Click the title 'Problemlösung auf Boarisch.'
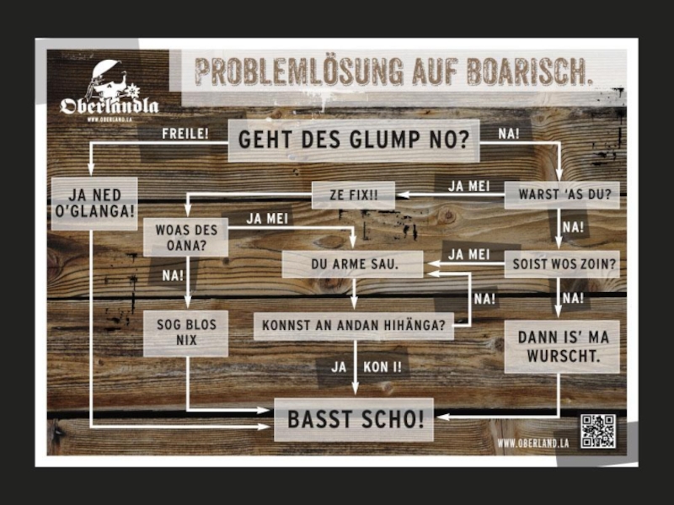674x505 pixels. (x=394, y=72)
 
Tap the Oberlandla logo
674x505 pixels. (x=110, y=93)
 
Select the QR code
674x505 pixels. (x=597, y=430)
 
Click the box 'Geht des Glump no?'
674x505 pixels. (x=353, y=140)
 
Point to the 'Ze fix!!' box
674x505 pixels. (x=353, y=195)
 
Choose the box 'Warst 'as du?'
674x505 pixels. (x=561, y=195)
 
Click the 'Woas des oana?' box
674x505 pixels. (x=185, y=238)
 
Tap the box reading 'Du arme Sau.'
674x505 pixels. (x=353, y=264)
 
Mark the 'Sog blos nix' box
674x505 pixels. (x=185, y=332)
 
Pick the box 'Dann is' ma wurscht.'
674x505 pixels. (x=562, y=346)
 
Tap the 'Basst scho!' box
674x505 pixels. (x=354, y=419)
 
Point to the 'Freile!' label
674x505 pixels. (x=185, y=133)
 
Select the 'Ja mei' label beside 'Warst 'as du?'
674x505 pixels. (x=468, y=186)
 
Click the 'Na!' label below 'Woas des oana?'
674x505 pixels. (x=172, y=274)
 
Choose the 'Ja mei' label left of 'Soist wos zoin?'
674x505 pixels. (x=468, y=253)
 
